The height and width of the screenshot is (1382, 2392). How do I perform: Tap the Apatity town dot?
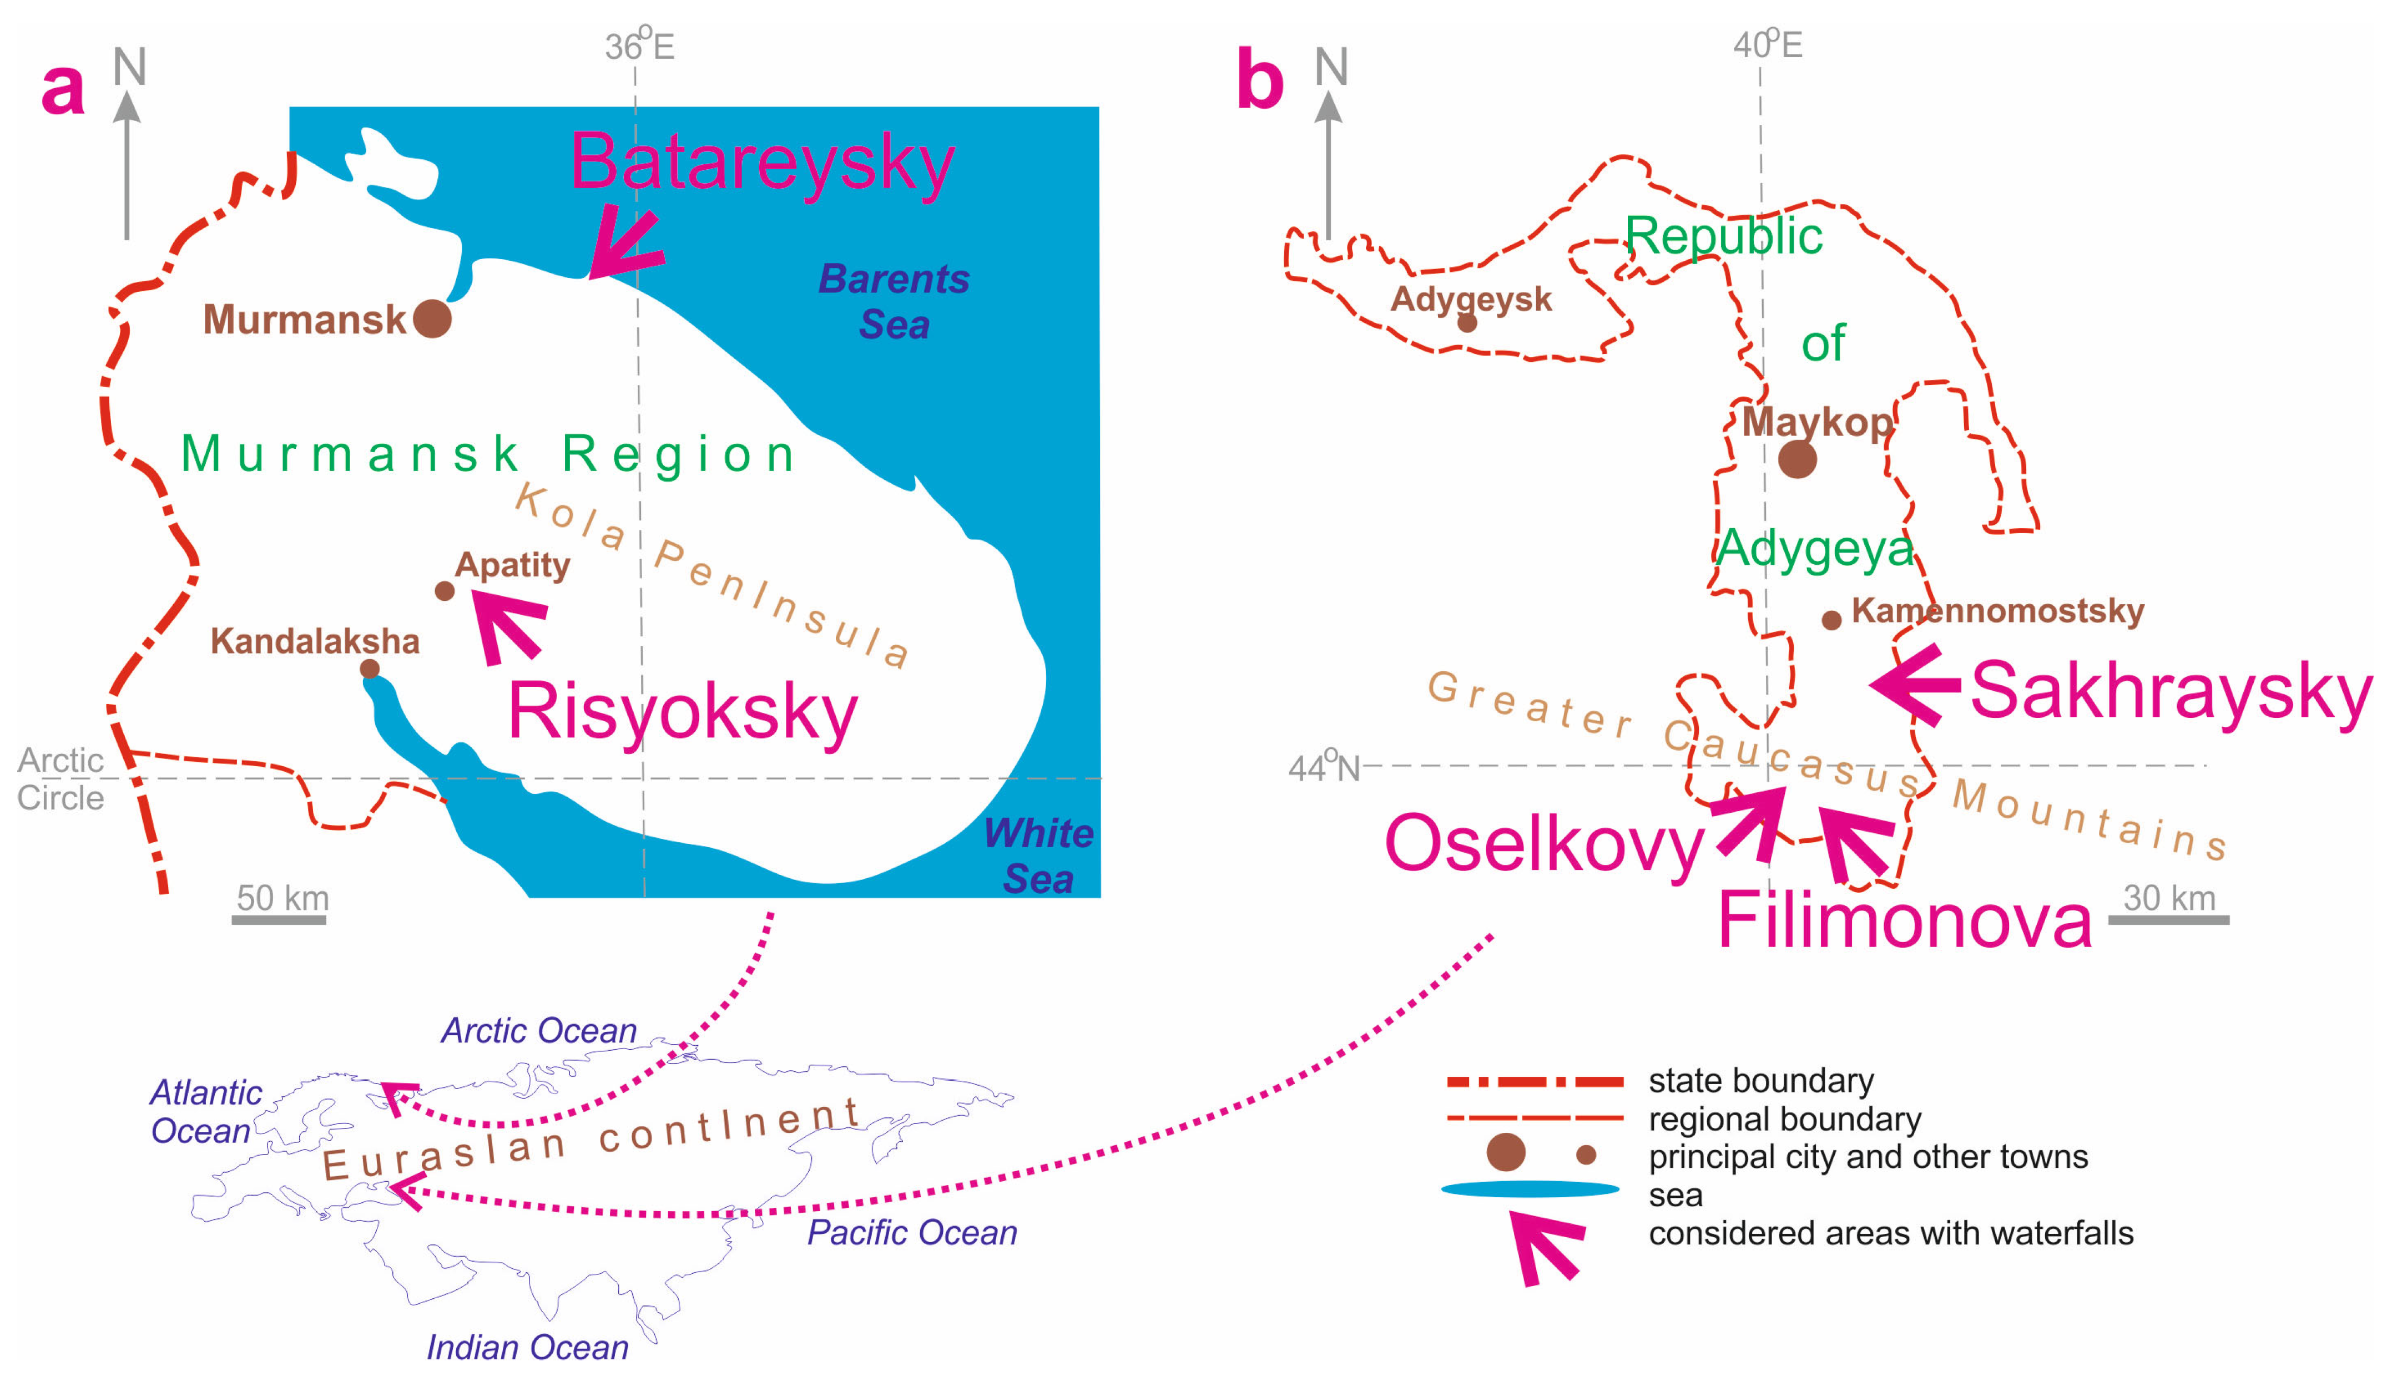tap(444, 591)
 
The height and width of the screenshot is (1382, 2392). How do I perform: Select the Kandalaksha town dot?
tap(370, 669)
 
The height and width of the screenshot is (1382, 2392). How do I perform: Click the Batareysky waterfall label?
tap(761, 163)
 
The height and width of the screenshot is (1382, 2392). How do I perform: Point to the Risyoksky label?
tap(682, 712)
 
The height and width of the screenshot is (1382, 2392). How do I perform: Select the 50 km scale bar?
tap(279, 919)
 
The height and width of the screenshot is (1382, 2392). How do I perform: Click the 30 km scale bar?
tap(2169, 919)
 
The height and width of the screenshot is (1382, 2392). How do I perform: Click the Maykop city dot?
tap(1797, 459)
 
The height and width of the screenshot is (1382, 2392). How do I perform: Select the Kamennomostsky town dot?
tap(1831, 621)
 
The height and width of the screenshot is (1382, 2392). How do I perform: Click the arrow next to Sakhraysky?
tap(1915, 685)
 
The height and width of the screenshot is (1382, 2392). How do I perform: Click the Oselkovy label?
tap(1545, 843)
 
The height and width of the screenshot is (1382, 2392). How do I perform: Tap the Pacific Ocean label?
tap(911, 1233)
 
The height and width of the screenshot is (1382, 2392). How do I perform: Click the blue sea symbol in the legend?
tap(1530, 1189)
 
